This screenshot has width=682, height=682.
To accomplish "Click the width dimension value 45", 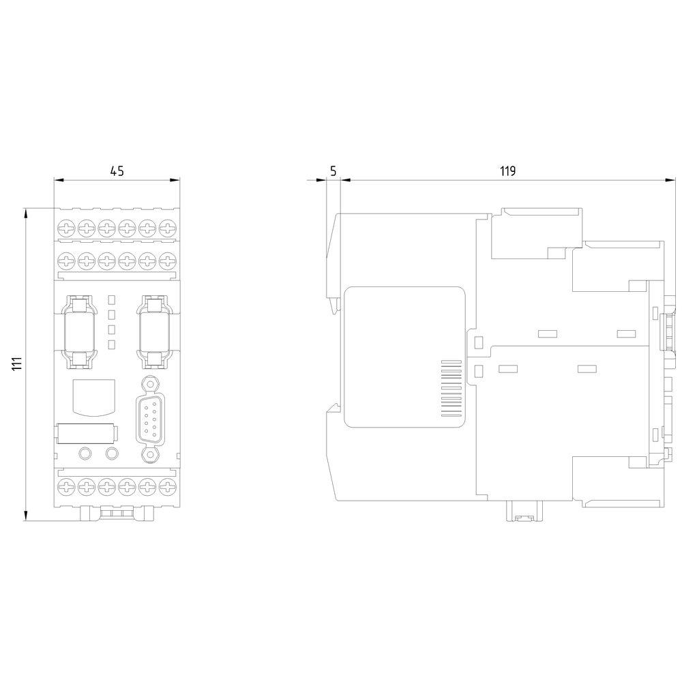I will (117, 171).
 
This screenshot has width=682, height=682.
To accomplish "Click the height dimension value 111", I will (16, 364).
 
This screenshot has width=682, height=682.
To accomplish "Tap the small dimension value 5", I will (333, 171).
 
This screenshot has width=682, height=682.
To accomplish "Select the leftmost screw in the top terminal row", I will (66, 227).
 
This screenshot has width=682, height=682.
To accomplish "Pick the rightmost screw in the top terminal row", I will (166, 227).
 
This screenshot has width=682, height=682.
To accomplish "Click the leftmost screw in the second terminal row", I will (66, 260).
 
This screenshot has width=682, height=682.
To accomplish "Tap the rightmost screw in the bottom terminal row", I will (166, 487).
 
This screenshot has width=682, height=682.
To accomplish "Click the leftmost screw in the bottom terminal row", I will (66, 487).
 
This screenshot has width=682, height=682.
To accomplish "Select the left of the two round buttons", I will (86, 453).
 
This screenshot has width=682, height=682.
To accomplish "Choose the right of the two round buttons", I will (111, 453).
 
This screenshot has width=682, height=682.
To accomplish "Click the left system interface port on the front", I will (79, 329).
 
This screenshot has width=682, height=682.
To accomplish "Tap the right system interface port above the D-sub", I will (154, 329).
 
